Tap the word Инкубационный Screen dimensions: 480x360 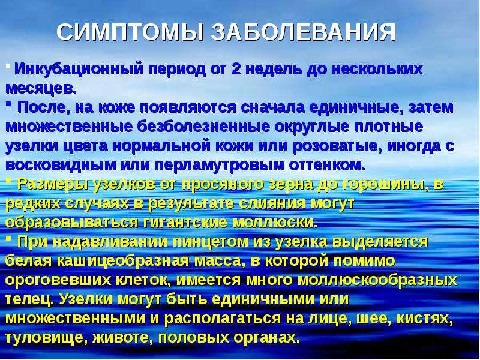pyautogui.click(x=79, y=69)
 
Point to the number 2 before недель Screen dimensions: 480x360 pyautogui.click(x=236, y=69)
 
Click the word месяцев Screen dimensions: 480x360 pyautogui.click(x=41, y=88)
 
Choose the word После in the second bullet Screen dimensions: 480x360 pyautogui.click(x=43, y=107)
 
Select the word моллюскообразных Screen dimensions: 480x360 pyautogui.click(x=377, y=280)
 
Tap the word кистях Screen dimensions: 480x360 pyautogui.click(x=425, y=319)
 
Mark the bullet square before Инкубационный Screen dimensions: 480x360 pyautogui.click(x=8, y=65)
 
